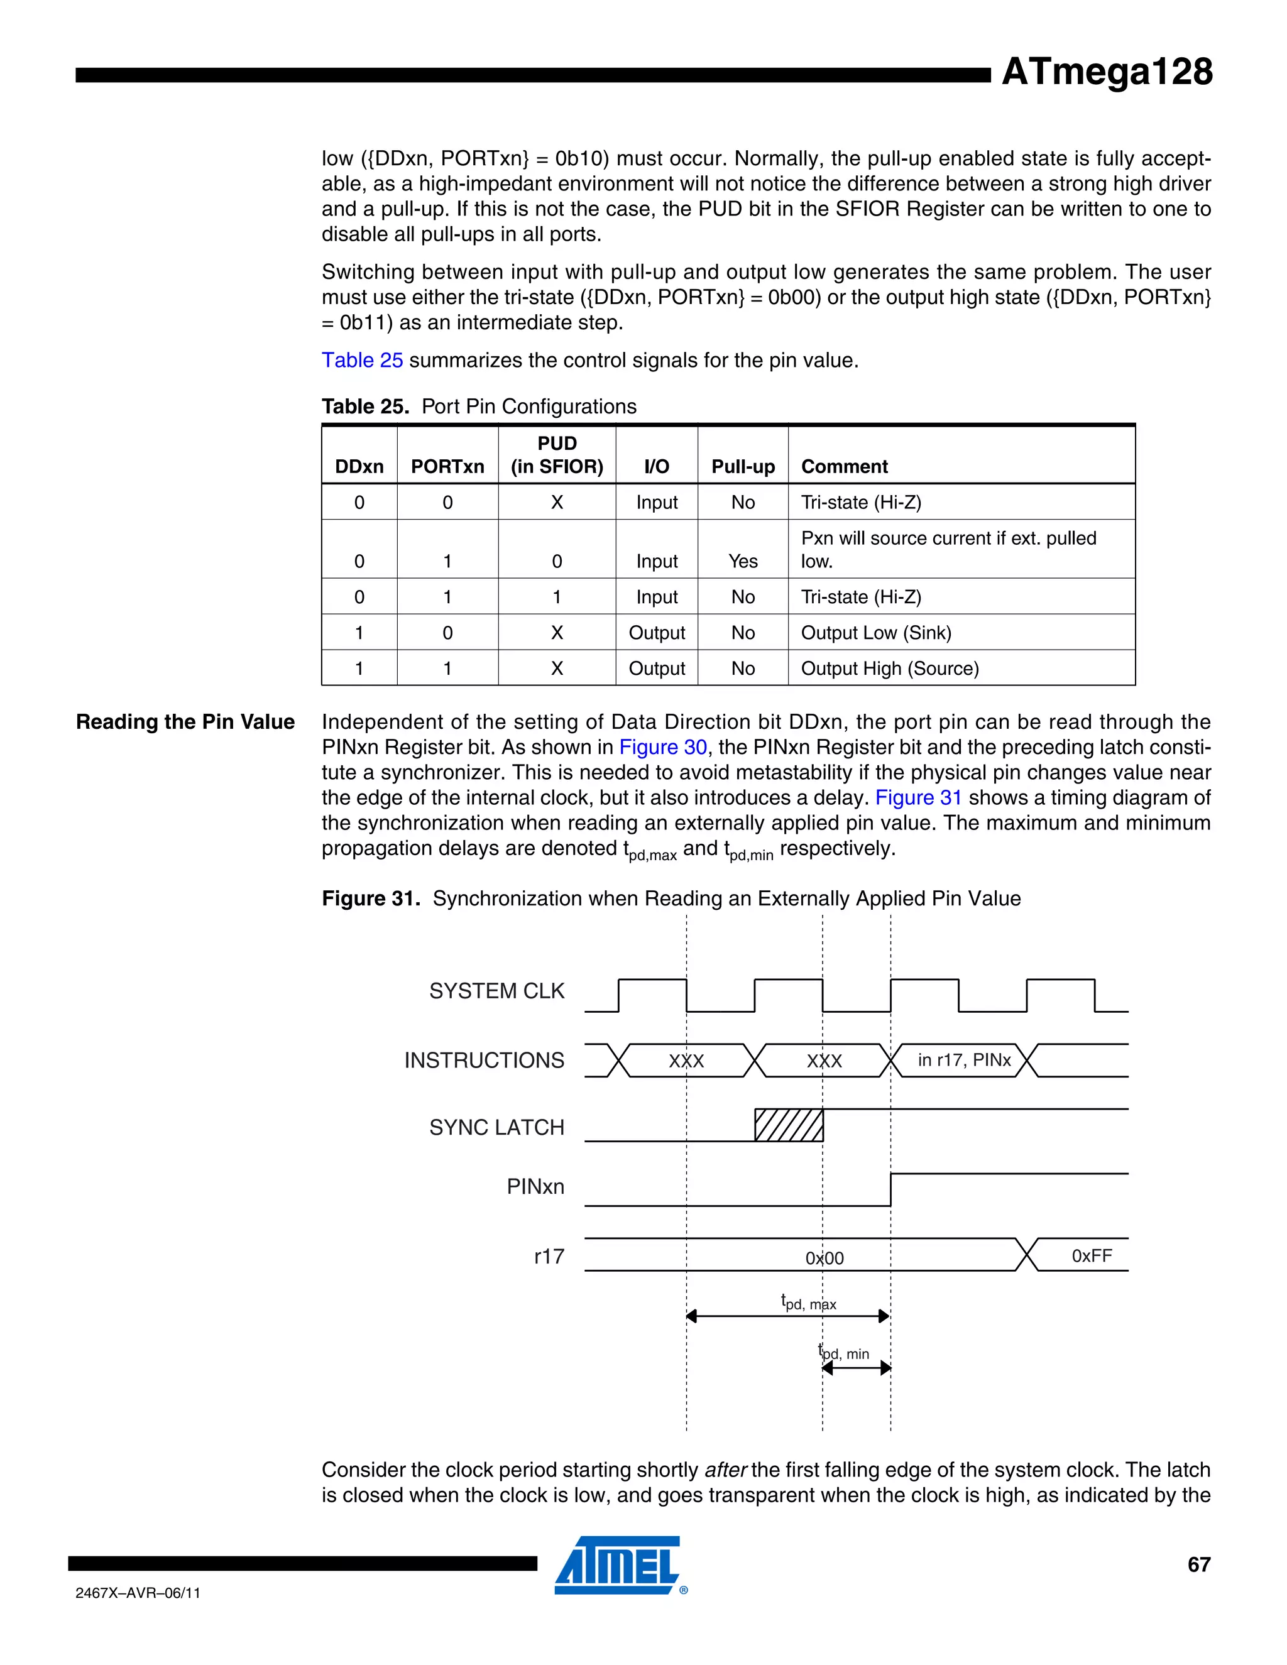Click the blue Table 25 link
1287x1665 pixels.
(362, 360)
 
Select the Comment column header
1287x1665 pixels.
(844, 467)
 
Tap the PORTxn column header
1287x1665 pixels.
(447, 467)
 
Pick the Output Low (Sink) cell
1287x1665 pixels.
(875, 633)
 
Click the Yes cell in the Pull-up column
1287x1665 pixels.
(743, 561)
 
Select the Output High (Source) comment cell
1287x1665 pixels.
(889, 669)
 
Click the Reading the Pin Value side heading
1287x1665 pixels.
(185, 722)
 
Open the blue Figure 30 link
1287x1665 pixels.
(662, 747)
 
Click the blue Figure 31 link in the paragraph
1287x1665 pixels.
(918, 797)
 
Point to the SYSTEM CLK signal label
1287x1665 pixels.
(496, 991)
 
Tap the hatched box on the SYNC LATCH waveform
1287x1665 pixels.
(789, 1125)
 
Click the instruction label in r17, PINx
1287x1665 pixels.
(964, 1060)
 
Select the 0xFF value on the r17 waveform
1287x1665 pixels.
(1091, 1255)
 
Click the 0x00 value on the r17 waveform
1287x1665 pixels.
(824, 1258)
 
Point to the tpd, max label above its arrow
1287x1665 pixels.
(808, 1302)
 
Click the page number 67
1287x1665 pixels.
(1198, 1564)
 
